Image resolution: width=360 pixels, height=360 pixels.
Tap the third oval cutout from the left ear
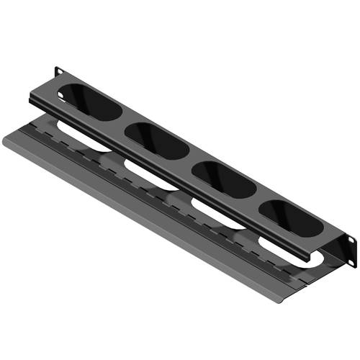pyautogui.click(x=224, y=179)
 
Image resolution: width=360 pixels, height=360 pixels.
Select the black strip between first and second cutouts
pyautogui.click(x=122, y=122)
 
